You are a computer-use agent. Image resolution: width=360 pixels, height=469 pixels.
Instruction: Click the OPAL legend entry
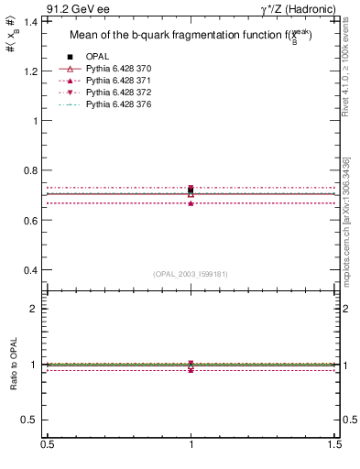coord(97,57)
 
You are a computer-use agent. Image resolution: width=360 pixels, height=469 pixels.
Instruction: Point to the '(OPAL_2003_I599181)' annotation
coord(191,273)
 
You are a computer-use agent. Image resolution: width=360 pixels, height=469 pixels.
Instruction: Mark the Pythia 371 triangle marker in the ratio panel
coord(191,369)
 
